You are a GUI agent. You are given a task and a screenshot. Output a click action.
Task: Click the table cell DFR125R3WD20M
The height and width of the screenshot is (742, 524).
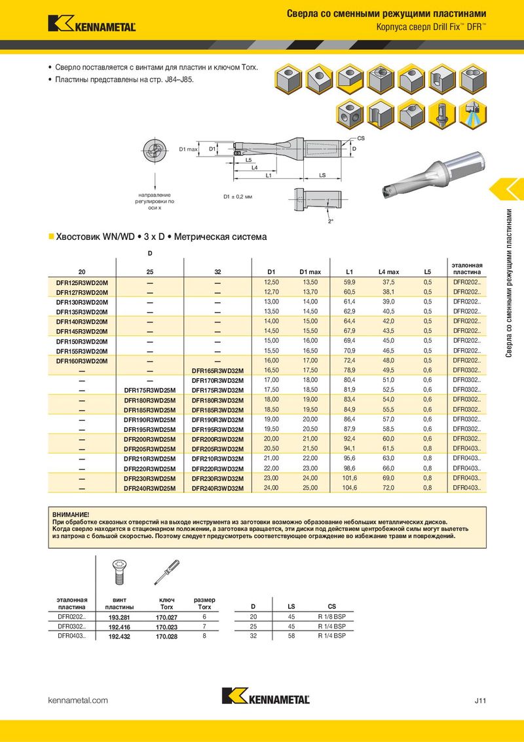pyautogui.click(x=82, y=282)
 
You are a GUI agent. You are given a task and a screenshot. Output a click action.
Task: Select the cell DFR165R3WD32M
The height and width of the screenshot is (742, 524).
pyautogui.click(x=217, y=370)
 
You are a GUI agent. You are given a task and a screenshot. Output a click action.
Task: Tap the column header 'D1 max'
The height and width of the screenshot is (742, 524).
pyautogui.click(x=310, y=271)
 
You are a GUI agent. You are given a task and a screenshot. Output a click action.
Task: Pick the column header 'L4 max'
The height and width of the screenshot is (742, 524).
pyautogui.click(x=388, y=271)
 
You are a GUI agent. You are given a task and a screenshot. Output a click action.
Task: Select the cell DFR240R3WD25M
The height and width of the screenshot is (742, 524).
pyautogui.click(x=150, y=488)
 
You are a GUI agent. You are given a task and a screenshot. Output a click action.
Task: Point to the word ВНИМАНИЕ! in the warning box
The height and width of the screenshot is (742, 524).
pyautogui.click(x=70, y=516)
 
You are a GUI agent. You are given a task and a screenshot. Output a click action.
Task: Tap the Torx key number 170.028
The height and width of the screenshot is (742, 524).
pyautogui.click(x=167, y=636)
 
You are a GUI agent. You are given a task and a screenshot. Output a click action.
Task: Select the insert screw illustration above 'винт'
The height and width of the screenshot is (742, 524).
pyautogui.click(x=118, y=572)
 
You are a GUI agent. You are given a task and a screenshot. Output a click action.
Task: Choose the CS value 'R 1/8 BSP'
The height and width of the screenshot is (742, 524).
pyautogui.click(x=331, y=617)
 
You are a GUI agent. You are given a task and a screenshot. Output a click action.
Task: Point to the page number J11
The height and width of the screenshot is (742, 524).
pyautogui.click(x=480, y=701)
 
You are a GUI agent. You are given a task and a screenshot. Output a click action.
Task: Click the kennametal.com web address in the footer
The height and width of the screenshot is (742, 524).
pyautogui.click(x=79, y=701)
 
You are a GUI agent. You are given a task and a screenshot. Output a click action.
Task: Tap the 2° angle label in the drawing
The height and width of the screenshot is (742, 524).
pyautogui.click(x=331, y=221)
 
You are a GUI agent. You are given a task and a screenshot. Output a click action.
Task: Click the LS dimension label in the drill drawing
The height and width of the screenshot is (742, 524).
pyautogui.click(x=323, y=176)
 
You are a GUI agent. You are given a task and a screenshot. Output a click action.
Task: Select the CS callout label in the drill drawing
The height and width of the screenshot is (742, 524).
pyautogui.click(x=361, y=138)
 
